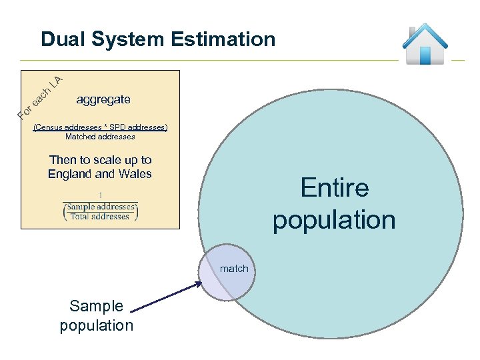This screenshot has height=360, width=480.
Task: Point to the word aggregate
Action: (x=103, y=99)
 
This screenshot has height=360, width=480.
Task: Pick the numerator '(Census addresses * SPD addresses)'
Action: (x=100, y=127)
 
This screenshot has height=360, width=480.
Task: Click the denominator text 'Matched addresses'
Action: (x=100, y=137)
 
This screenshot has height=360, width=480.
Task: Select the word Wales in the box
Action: (x=135, y=174)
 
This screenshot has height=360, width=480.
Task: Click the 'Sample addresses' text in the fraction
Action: (x=100, y=207)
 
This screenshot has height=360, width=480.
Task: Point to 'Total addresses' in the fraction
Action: (x=100, y=217)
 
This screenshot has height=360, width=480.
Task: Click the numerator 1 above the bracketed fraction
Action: (x=100, y=195)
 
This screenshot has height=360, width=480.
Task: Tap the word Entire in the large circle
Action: (x=334, y=187)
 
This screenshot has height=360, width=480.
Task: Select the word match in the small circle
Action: (x=234, y=269)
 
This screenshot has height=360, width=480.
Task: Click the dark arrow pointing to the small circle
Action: (x=167, y=297)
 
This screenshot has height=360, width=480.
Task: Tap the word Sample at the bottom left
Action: (x=97, y=306)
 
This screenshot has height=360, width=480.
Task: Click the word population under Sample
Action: (x=97, y=325)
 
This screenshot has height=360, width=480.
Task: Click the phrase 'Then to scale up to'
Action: (x=101, y=160)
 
